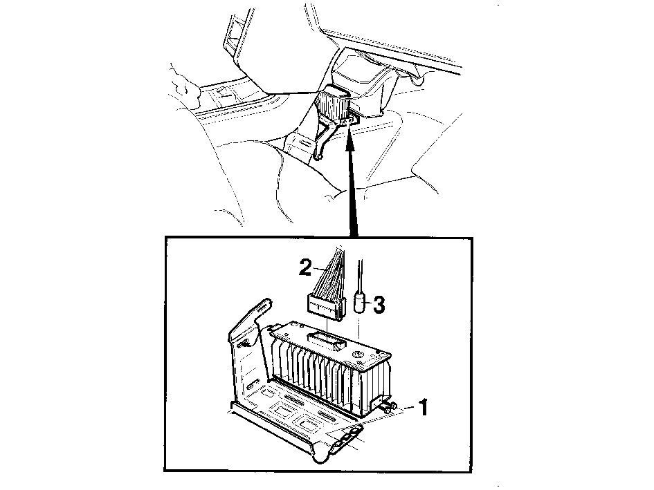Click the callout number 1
[x=424, y=407]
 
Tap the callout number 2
[x=305, y=267]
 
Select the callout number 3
[x=379, y=305]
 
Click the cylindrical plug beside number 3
[x=360, y=303]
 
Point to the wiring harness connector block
[x=326, y=307]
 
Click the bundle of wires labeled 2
[x=329, y=271]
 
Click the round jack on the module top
[x=357, y=355]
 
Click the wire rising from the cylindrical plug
[x=360, y=276]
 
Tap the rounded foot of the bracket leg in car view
[x=318, y=157]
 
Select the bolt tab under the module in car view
[x=354, y=120]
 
